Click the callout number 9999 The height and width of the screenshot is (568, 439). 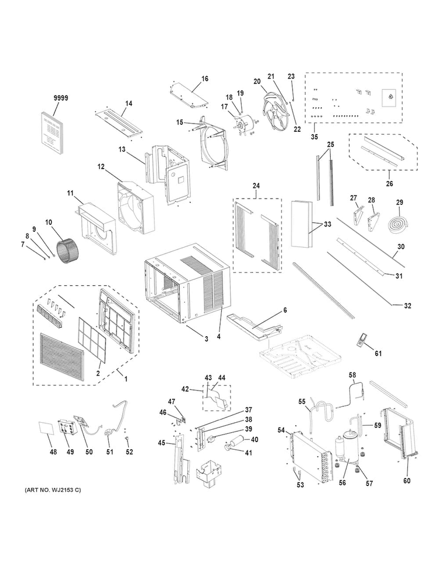click(61, 98)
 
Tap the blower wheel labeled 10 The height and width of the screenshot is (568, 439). click(65, 249)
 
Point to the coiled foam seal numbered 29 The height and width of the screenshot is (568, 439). click(397, 223)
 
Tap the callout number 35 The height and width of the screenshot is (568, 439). click(314, 136)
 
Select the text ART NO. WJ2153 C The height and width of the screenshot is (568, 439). click(53, 490)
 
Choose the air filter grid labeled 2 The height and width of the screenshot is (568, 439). click(92, 340)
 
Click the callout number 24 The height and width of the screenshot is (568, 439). click(256, 186)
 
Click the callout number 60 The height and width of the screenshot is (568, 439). click(407, 481)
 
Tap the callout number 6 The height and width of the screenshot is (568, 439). click(285, 310)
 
